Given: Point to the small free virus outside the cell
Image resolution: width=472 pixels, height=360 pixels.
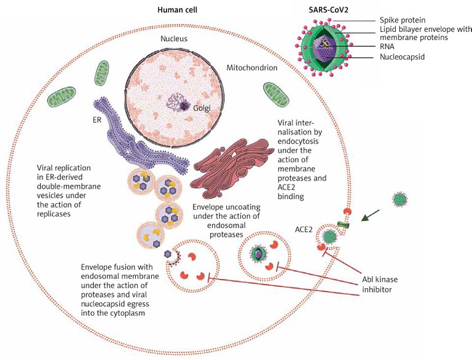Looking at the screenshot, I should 401,199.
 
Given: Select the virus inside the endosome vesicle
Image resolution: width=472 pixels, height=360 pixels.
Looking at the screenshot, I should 258,253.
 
